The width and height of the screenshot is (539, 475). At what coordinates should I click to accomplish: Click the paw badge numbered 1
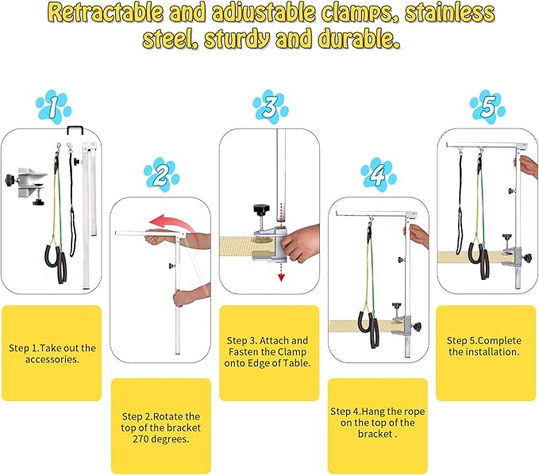pyautogui.click(x=54, y=106)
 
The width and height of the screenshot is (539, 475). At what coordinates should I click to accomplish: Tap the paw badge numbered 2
pyautogui.click(x=162, y=174)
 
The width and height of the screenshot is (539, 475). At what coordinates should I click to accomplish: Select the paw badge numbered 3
pyautogui.click(x=271, y=106)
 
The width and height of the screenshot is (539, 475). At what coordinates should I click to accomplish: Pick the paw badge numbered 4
pyautogui.click(x=379, y=174)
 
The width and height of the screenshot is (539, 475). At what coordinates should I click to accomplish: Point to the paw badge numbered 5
pyautogui.click(x=487, y=106)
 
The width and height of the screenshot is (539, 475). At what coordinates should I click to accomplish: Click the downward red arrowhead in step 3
pyautogui.click(x=281, y=278)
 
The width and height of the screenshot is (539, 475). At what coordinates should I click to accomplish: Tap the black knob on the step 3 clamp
pyautogui.click(x=261, y=209)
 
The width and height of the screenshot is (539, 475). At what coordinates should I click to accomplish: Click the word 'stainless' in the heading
pyautogui.click(x=450, y=13)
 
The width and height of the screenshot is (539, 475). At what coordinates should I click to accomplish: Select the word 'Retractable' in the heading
pyautogui.click(x=106, y=13)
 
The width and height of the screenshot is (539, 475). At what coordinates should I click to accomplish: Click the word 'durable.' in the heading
pyautogui.click(x=359, y=39)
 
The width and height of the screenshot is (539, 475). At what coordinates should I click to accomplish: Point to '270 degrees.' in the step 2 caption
pyautogui.click(x=161, y=439)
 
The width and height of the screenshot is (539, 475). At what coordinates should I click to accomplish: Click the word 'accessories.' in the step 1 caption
pyautogui.click(x=52, y=359)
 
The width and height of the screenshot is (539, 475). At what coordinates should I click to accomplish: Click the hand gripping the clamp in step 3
pyautogui.click(x=300, y=243)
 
